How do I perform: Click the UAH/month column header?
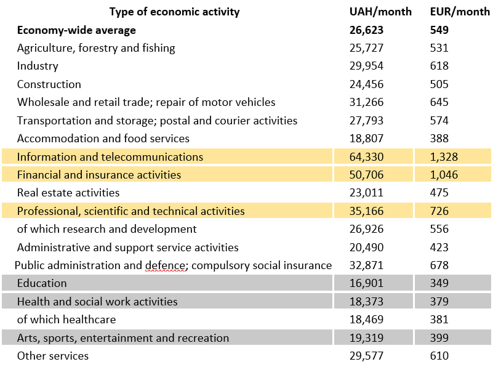[380, 12]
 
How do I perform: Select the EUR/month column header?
[459, 12]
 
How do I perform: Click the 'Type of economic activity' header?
[174, 12]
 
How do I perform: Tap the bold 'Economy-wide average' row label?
[76, 30]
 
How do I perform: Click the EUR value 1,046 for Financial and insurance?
[444, 175]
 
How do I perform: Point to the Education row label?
[42, 283]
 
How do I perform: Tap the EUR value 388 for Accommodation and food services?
[439, 139]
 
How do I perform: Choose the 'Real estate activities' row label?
[68, 193]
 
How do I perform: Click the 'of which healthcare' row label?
[66, 320]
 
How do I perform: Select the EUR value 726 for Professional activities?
[439, 211]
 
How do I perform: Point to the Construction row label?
[49, 84]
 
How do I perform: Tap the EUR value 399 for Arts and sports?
[439, 338]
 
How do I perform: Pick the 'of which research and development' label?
[107, 229]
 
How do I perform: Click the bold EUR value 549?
[439, 30]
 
